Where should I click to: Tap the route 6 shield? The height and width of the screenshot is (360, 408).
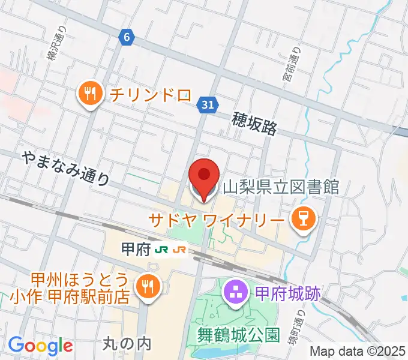[125, 37]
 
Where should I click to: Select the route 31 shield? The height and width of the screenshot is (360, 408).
[206, 106]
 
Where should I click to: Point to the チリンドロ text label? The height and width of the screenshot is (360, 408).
[148, 94]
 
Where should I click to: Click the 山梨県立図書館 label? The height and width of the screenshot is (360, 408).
[281, 187]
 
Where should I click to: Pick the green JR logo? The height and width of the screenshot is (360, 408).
[161, 249]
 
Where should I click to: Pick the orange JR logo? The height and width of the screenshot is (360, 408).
[179, 249]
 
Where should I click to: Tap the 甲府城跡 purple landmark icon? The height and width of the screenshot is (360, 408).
[233, 293]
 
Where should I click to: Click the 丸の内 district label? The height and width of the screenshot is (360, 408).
[127, 344]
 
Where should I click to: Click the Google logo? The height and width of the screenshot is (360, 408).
[40, 346]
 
